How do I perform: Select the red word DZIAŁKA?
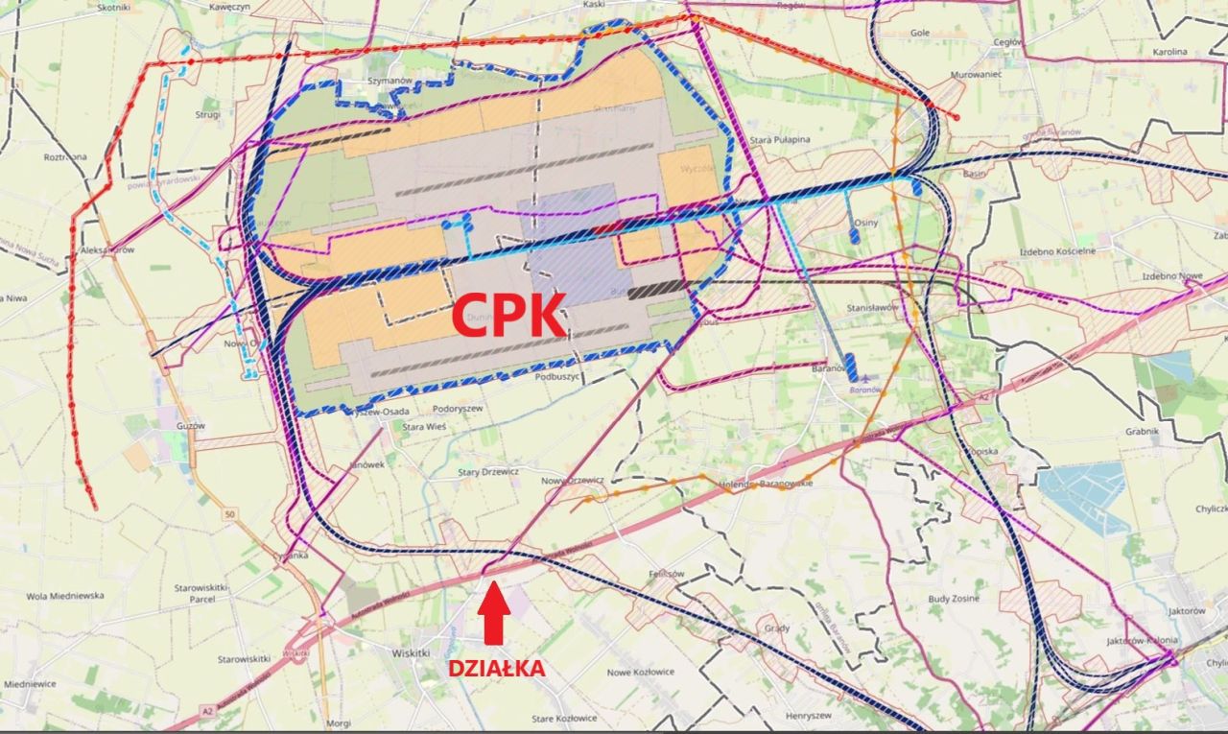point(496,668)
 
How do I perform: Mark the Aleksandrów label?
point(107,249)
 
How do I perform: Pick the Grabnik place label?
point(1143,432)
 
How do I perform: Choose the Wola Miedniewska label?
point(64,596)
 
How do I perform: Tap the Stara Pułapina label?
point(780,140)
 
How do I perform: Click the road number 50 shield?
point(228,515)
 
